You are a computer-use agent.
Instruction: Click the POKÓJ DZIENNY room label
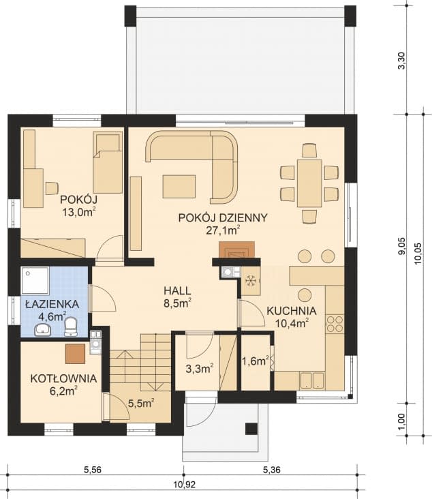coord(223,217)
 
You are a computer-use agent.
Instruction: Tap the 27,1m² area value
coord(223,230)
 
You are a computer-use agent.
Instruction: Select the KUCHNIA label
coord(287,310)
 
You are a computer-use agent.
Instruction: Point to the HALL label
coord(176,290)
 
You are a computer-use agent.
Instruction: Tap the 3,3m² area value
coord(199,369)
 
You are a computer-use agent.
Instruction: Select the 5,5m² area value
coord(140,403)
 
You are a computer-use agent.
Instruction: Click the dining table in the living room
coord(309,183)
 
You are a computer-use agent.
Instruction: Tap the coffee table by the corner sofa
coord(179,186)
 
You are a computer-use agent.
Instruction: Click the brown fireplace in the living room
coord(236,250)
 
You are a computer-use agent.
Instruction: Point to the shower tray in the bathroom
coord(35,279)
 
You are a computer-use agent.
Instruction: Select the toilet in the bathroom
coord(71,329)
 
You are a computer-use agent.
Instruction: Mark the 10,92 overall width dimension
coord(181,485)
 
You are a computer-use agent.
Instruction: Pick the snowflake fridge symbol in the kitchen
coord(250,280)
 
